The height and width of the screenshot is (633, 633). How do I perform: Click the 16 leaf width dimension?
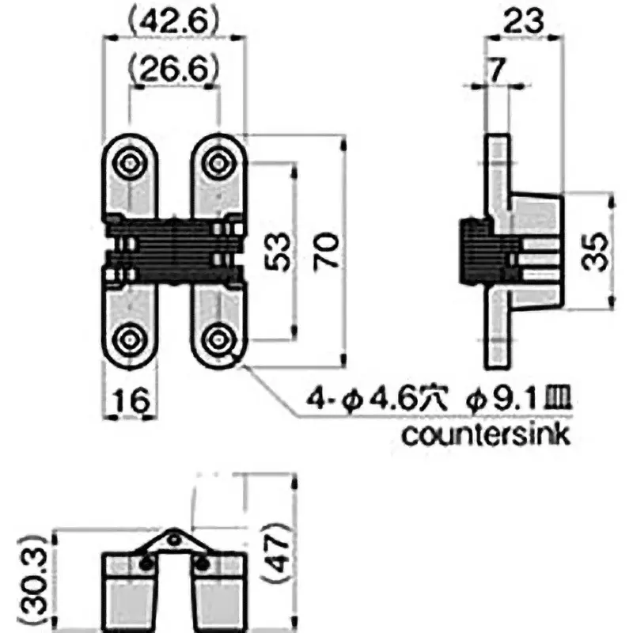pyautogui.click(x=129, y=402)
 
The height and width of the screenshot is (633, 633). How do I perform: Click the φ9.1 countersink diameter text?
pyautogui.click(x=510, y=402)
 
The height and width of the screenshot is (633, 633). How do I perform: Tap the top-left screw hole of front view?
pyautogui.click(x=129, y=163)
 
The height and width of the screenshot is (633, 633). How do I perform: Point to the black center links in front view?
pyautogui.click(x=173, y=247)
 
